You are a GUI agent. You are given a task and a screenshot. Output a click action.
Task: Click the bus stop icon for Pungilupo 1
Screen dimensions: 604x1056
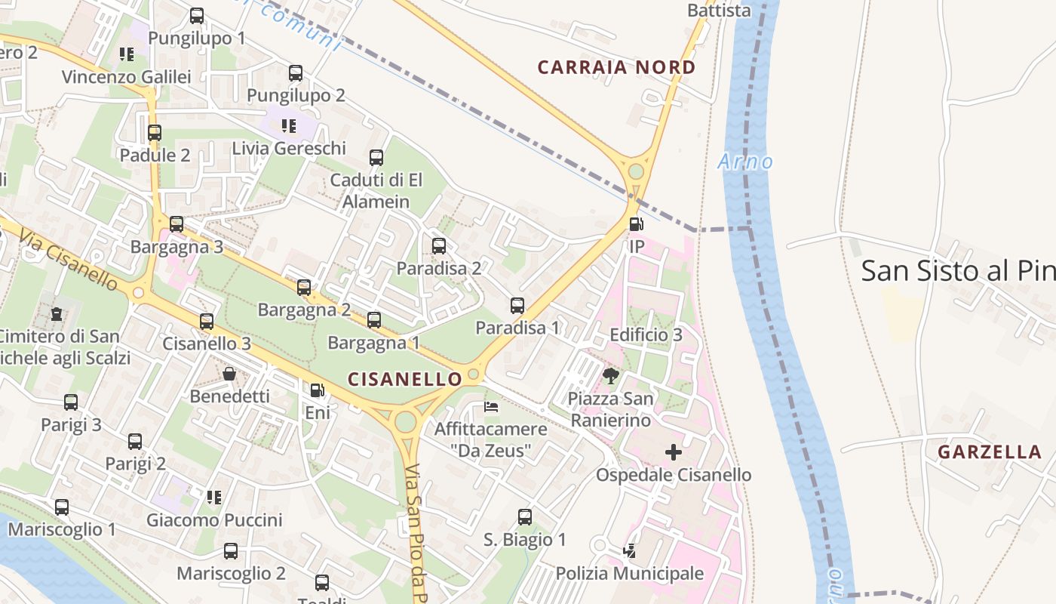[197, 15]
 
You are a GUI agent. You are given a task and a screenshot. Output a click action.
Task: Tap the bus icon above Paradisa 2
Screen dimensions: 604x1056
[438, 246]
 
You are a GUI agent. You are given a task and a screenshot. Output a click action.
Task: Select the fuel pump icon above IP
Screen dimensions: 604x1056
[636, 224]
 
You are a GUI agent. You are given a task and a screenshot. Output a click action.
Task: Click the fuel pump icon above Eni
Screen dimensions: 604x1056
[318, 390]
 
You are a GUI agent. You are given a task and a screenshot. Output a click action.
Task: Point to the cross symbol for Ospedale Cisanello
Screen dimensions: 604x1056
[673, 452]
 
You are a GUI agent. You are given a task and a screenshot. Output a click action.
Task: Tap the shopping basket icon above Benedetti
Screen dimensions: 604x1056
[229, 374]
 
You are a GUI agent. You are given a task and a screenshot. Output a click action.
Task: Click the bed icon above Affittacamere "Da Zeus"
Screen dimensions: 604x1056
[490, 407]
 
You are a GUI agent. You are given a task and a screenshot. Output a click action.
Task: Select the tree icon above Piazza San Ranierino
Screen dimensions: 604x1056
[610, 375]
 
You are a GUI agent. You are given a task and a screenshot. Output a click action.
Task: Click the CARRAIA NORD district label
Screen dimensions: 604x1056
[616, 67]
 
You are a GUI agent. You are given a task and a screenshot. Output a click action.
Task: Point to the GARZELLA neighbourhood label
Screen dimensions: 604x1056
[989, 452]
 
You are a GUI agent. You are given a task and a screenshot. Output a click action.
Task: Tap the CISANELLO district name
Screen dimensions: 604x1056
[404, 379]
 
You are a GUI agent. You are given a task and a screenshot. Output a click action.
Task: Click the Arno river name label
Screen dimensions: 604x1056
[745, 162]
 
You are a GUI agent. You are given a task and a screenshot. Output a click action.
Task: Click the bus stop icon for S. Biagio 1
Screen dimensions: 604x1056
[524, 517]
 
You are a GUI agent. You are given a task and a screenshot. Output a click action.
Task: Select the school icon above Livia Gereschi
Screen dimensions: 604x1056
[288, 125]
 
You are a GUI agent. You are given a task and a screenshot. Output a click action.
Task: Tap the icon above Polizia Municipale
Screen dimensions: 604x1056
[629, 551]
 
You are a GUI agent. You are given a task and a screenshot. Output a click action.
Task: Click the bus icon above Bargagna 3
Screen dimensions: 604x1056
[177, 224]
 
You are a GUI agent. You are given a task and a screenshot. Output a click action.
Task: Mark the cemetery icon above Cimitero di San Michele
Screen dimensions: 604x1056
[56, 313]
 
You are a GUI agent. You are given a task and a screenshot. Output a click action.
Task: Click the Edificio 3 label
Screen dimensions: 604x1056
[646, 334]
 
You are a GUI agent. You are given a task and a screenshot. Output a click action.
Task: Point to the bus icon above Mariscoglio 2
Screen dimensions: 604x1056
[231, 551]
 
